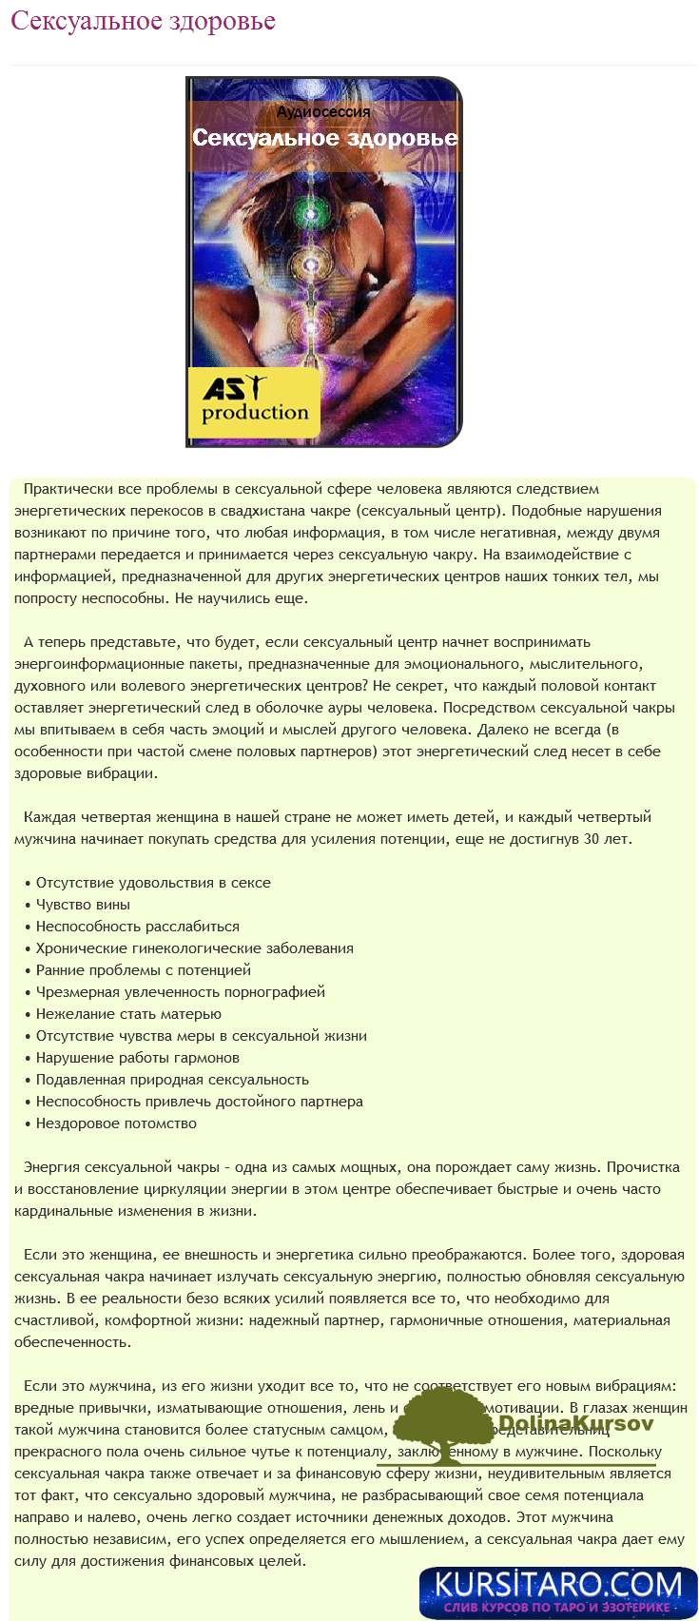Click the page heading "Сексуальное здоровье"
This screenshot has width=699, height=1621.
143,21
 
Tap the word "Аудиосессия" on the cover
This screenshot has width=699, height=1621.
323,112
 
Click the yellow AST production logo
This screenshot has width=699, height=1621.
254,402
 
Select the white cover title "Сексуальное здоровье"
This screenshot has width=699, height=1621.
324,138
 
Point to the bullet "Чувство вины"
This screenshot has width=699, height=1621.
83,905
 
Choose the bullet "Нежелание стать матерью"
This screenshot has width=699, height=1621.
128,1014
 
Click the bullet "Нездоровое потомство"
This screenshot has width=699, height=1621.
116,1123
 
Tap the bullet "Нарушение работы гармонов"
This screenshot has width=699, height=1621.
137,1058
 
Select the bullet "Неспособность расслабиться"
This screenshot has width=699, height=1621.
137,927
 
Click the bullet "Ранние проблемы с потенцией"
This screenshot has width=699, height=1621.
143,970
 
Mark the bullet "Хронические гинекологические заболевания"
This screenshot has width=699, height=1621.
194,948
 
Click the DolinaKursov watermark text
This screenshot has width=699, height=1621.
575,1424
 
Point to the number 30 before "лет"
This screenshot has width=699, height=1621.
592,839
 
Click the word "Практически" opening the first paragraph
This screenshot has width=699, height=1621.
68,489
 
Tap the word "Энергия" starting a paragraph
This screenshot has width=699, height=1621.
51,1167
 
